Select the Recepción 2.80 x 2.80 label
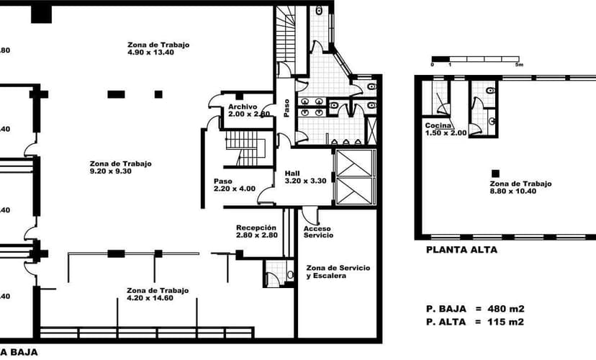coord(256,231)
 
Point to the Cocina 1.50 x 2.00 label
coord(446,130)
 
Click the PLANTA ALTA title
coord(461,251)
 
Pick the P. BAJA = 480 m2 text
coord(474,308)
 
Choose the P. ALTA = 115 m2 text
coord(474,321)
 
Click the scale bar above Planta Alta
coord(475,58)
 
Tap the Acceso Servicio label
coord(317,232)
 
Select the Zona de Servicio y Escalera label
coord(338,271)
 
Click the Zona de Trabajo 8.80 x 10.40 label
coord(520,188)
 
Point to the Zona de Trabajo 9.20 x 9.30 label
coord(121,168)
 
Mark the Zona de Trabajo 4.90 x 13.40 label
coord(158,49)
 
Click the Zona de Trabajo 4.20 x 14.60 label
coord(158,294)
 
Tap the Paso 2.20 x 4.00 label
coord(234,184)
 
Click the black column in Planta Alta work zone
coord(495,173)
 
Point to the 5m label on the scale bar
coord(518,65)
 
